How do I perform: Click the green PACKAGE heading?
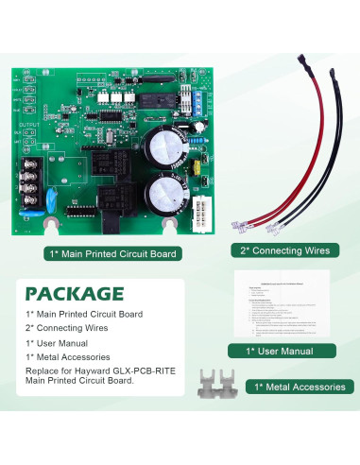pyautogui.click(x=75, y=293)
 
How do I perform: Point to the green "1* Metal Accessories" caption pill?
pyautogui.click(x=294, y=387)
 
